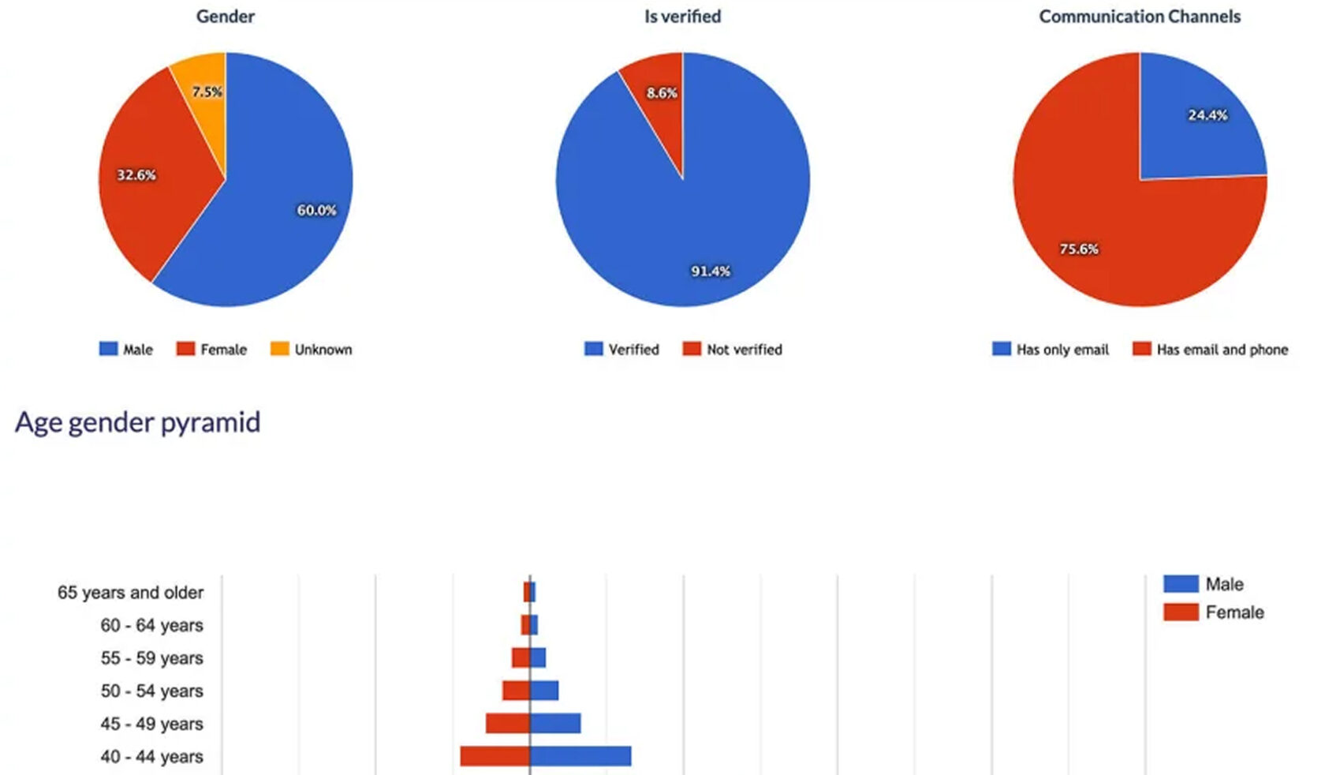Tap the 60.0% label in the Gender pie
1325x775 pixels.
tap(316, 210)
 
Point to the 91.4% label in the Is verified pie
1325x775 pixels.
tap(711, 271)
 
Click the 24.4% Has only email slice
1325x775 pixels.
tap(1199, 118)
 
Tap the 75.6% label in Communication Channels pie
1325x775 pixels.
tap(1078, 249)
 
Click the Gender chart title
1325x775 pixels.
tap(226, 17)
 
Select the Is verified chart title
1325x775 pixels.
tap(682, 17)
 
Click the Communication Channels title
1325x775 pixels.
tap(1140, 17)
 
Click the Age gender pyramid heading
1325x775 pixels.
tap(137, 422)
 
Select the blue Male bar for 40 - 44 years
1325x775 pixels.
tap(580, 756)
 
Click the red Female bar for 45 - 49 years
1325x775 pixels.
tap(507, 723)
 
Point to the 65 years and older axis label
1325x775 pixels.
tap(130, 593)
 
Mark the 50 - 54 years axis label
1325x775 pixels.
tap(151, 691)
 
